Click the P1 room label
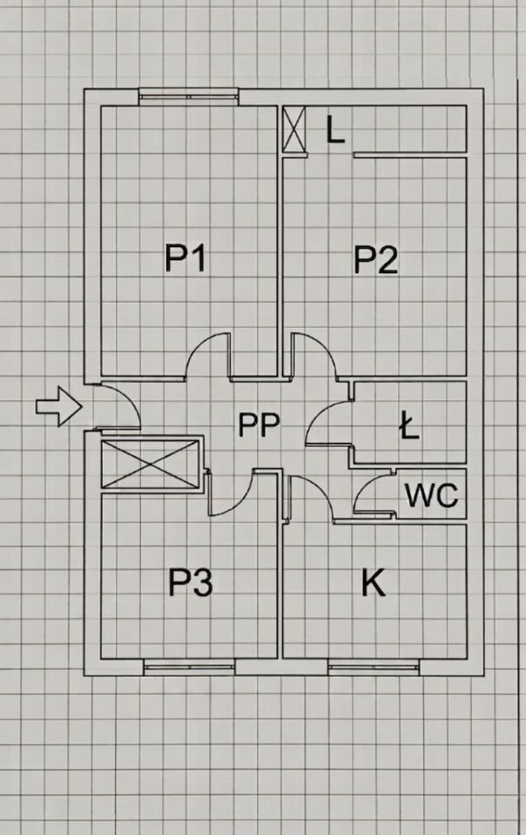click(185, 257)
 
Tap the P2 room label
click(376, 260)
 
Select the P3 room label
click(191, 582)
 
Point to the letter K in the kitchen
click(373, 583)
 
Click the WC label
click(432, 495)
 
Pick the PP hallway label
click(259, 424)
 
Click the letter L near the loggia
click(335, 130)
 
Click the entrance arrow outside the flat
click(58, 406)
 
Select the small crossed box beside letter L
click(294, 129)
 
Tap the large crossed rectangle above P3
click(150, 464)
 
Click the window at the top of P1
click(187, 97)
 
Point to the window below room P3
click(189, 667)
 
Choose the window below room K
click(374, 667)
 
